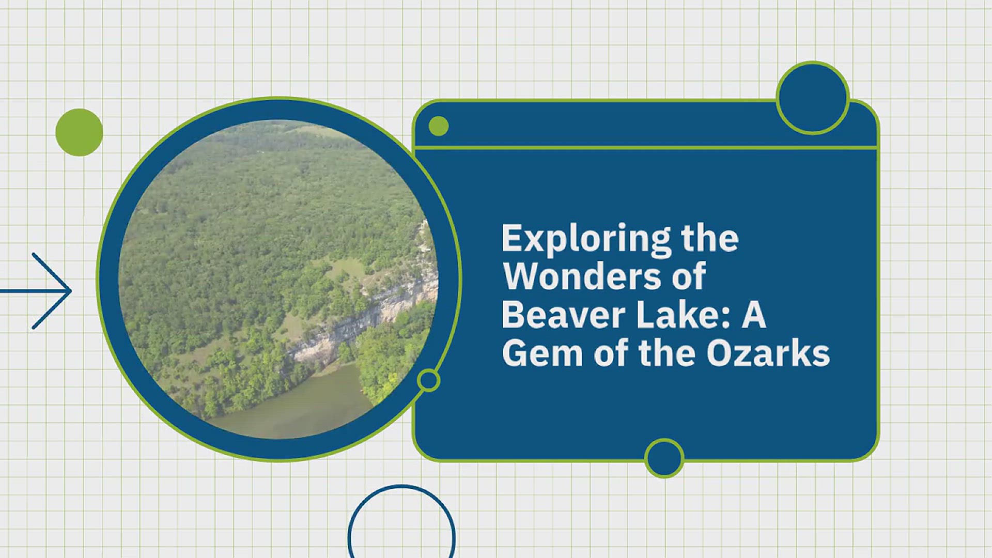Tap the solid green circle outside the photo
pyautogui.click(x=79, y=132)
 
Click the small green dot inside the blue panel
pyautogui.click(x=439, y=126)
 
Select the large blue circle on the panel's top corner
pyautogui.click(x=813, y=98)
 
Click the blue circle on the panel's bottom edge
pyautogui.click(x=664, y=458)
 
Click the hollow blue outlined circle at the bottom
pyautogui.click(x=401, y=486)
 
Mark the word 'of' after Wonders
pyautogui.click(x=689, y=276)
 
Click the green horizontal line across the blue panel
pyautogui.click(x=646, y=148)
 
